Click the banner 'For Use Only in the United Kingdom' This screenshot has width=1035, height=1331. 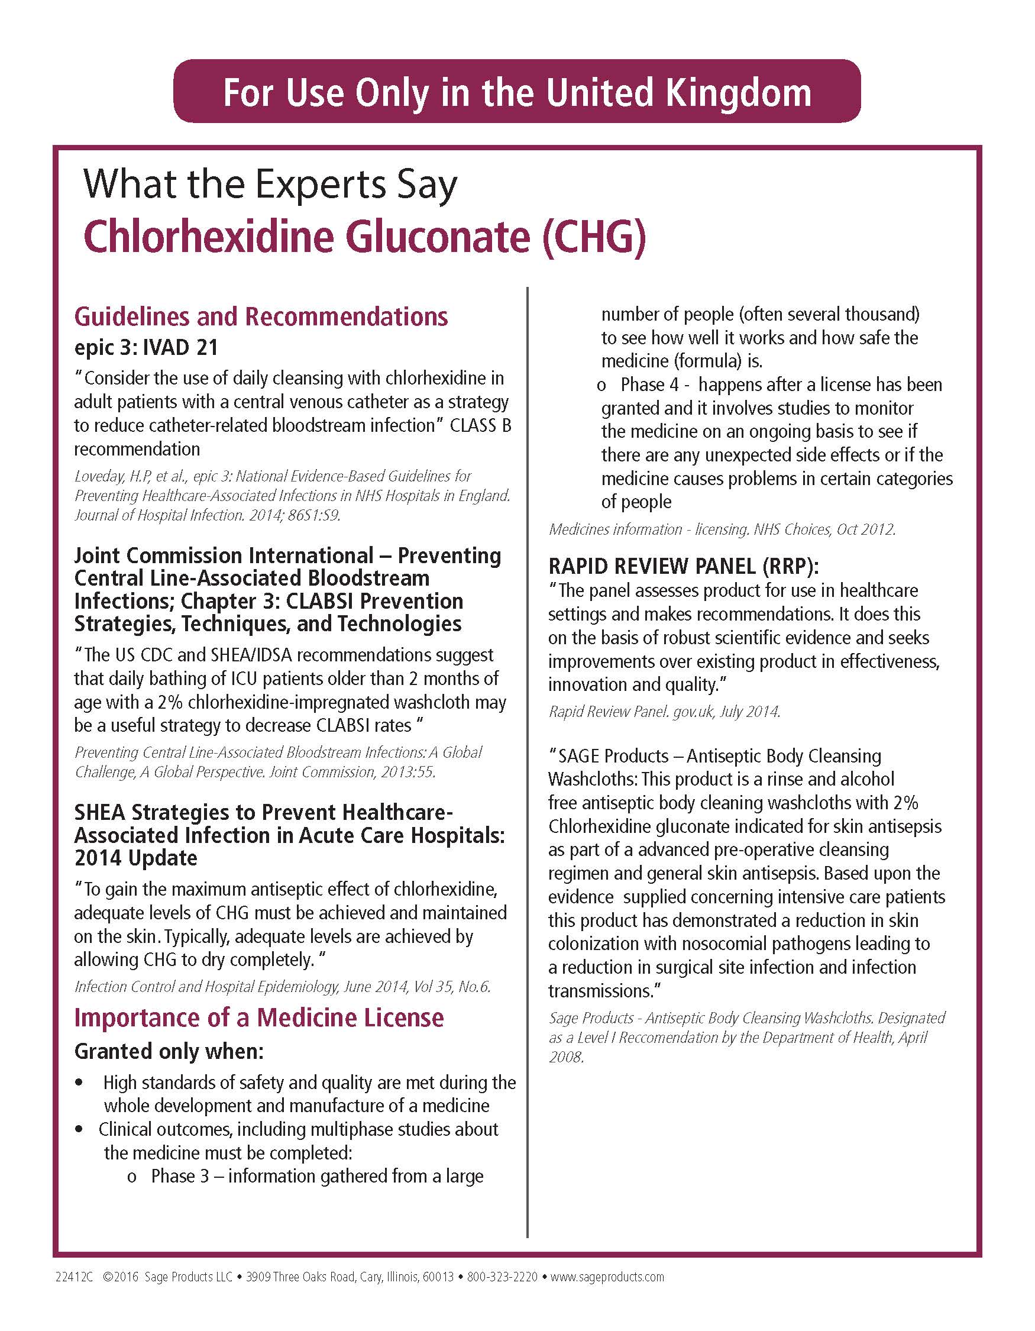(x=516, y=92)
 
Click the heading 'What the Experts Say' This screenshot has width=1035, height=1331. (x=270, y=184)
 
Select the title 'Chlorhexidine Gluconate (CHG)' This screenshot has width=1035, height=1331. (x=364, y=237)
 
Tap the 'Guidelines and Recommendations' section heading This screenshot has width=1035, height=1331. (x=261, y=317)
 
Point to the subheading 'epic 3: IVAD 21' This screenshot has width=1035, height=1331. (x=145, y=347)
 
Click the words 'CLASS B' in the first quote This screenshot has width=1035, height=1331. (x=480, y=425)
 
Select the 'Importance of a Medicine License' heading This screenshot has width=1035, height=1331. (x=259, y=1018)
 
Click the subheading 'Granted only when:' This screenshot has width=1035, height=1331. (x=169, y=1051)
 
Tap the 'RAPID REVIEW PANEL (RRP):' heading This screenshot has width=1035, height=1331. (x=683, y=566)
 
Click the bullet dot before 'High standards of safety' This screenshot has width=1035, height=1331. (x=79, y=1083)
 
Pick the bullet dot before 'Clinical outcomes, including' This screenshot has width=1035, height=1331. (x=79, y=1129)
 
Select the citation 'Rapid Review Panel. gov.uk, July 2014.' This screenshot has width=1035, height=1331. (x=664, y=711)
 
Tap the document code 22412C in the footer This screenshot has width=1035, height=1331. (x=74, y=1277)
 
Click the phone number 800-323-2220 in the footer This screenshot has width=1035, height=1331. (x=502, y=1277)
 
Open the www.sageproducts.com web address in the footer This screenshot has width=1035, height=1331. (x=607, y=1277)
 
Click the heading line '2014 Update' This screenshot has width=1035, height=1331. (x=135, y=858)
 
